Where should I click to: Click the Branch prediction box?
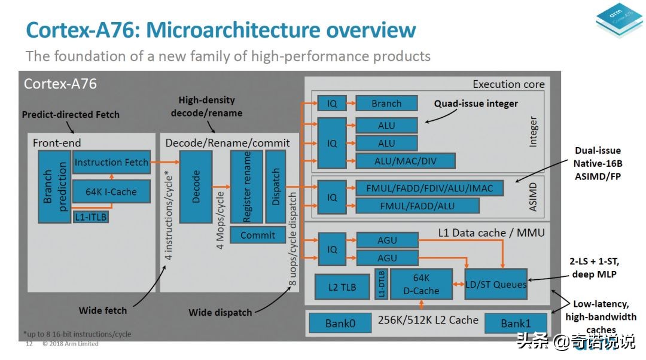click(x=54, y=187)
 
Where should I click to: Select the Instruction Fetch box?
click(x=111, y=162)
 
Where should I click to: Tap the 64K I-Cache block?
click(x=111, y=192)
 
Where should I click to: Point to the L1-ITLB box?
click(x=91, y=217)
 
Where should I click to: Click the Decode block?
click(x=196, y=187)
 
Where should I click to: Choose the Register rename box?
click(x=245, y=187)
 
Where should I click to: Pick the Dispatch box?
click(x=276, y=187)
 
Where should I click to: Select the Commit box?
click(x=258, y=235)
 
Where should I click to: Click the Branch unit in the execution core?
click(x=386, y=103)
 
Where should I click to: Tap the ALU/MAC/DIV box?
click(x=406, y=161)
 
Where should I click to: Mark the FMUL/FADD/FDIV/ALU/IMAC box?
click(x=429, y=188)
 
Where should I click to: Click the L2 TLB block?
click(x=342, y=288)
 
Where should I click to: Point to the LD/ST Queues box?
click(x=496, y=284)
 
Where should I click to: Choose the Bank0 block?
click(x=340, y=324)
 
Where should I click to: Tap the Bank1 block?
click(x=516, y=323)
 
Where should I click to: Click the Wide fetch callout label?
click(x=103, y=310)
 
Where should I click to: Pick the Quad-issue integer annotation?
click(x=476, y=103)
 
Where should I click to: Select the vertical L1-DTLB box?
click(x=382, y=284)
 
